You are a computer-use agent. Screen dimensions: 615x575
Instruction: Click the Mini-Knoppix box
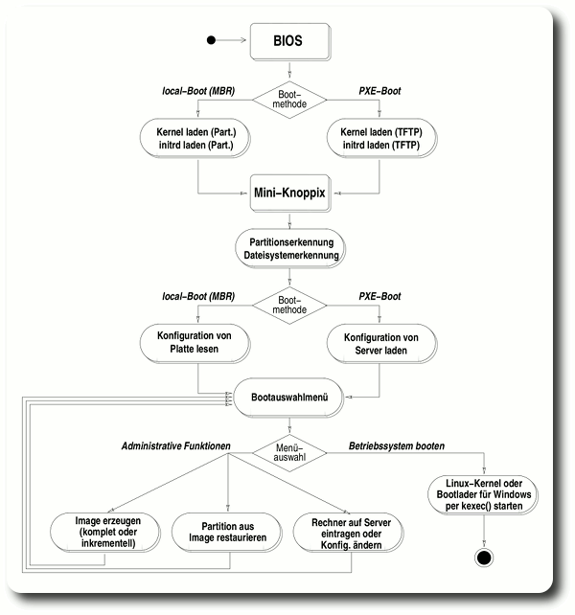pos(289,193)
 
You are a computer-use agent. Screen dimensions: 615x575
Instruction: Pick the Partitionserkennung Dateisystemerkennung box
pos(289,248)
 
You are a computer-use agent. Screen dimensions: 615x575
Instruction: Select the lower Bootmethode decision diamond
pos(289,304)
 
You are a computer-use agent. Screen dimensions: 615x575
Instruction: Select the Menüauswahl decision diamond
pos(289,450)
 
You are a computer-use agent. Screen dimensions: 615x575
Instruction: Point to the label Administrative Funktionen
pos(182,444)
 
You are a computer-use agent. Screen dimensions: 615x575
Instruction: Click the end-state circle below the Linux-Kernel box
pos(483,557)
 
